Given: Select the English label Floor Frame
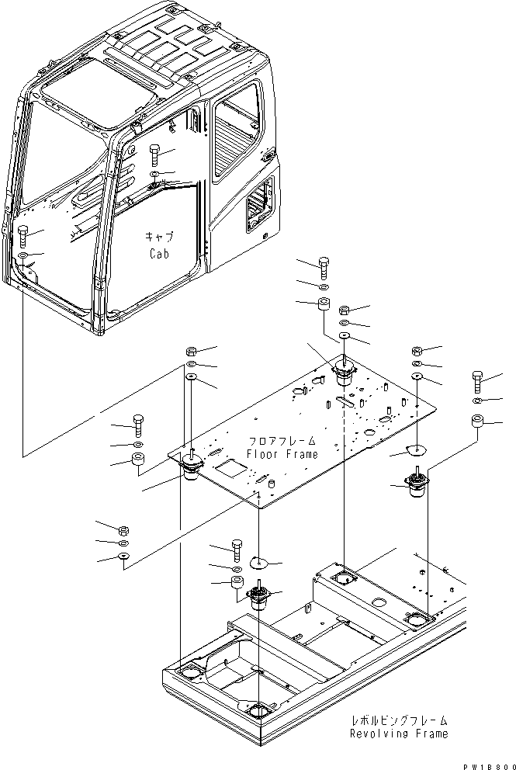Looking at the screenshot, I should click(x=282, y=454).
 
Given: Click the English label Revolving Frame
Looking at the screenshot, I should click(x=398, y=734).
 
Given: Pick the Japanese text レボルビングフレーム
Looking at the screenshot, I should click(x=399, y=720).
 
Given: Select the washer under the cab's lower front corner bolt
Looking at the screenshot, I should click(x=23, y=255).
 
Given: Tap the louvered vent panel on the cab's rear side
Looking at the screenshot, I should click(x=258, y=206).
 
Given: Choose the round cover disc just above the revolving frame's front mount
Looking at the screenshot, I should click(x=261, y=561).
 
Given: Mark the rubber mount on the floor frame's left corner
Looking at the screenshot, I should click(x=190, y=468).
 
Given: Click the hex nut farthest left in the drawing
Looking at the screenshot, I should click(x=123, y=530).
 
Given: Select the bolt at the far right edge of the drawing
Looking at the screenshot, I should click(x=477, y=383).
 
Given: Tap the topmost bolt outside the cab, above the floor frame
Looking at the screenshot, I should click(x=324, y=265).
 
